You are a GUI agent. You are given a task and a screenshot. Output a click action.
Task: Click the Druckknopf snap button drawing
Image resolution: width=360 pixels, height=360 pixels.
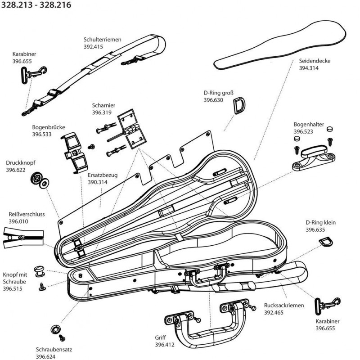point(39,180)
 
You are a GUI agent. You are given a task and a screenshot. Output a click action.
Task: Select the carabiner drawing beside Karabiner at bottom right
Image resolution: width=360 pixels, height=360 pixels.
point(325,307)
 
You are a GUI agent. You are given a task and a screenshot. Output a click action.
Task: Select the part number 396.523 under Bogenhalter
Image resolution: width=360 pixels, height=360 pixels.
point(304,131)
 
